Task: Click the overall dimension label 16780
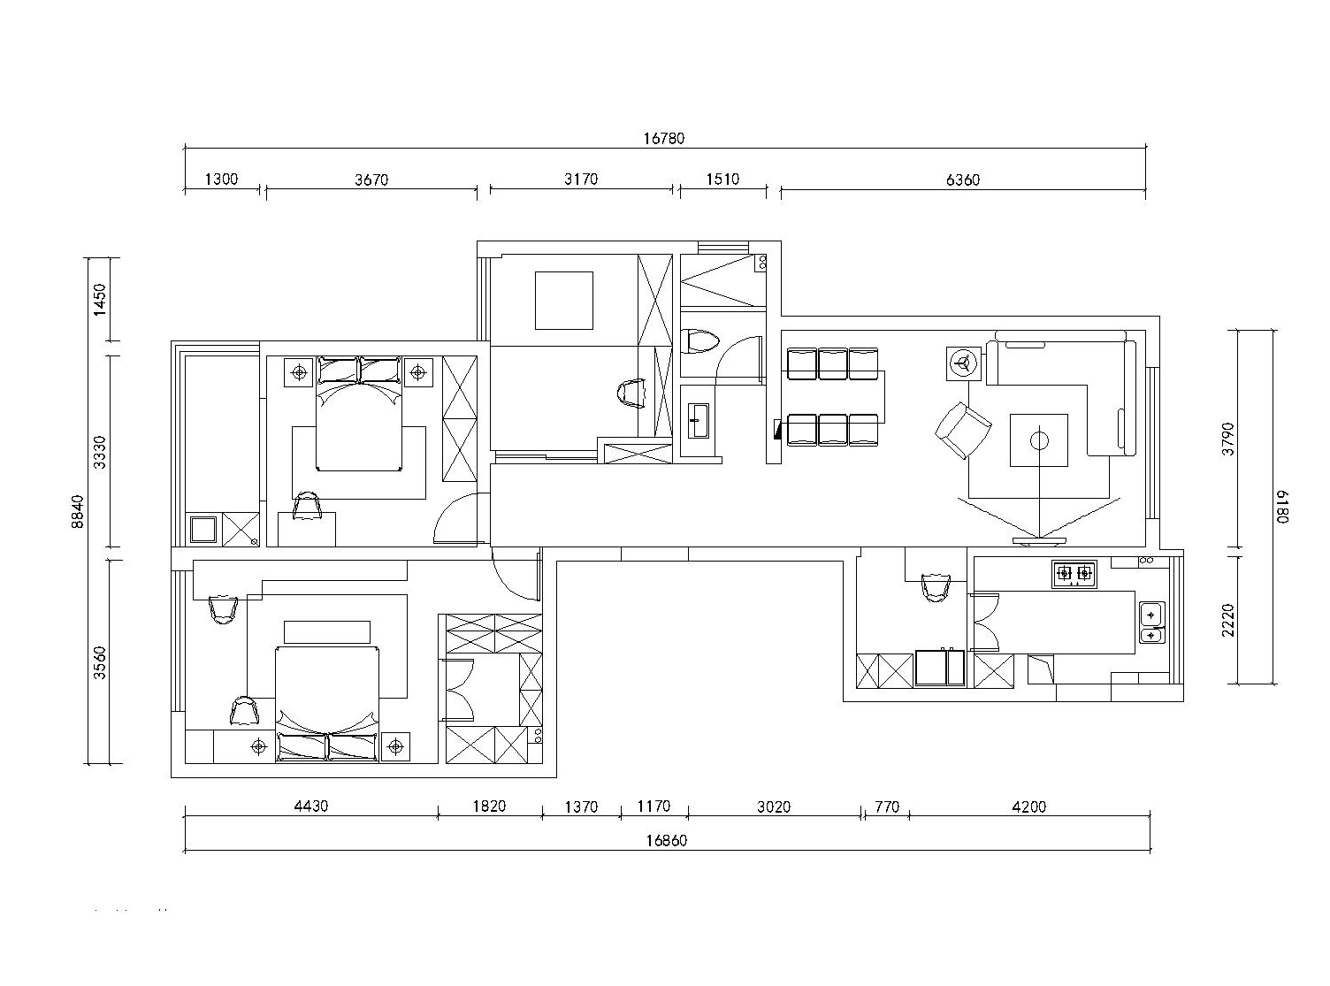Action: click(664, 139)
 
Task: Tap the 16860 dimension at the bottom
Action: click(666, 841)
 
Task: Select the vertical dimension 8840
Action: click(77, 511)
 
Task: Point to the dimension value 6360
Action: click(963, 180)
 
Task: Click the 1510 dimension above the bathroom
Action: click(722, 180)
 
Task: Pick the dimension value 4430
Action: click(311, 806)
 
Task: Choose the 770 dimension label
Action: click(887, 807)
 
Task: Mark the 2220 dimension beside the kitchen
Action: click(1228, 620)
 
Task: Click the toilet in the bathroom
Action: click(701, 342)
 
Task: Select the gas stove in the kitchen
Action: click(1074, 574)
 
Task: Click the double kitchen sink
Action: click(1152, 623)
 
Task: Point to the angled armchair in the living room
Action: click(963, 430)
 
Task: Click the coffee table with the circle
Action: click(1038, 440)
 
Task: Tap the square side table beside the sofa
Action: click(964, 363)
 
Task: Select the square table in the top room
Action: click(563, 301)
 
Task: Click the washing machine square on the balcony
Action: click(203, 530)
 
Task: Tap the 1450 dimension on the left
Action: click(100, 300)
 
